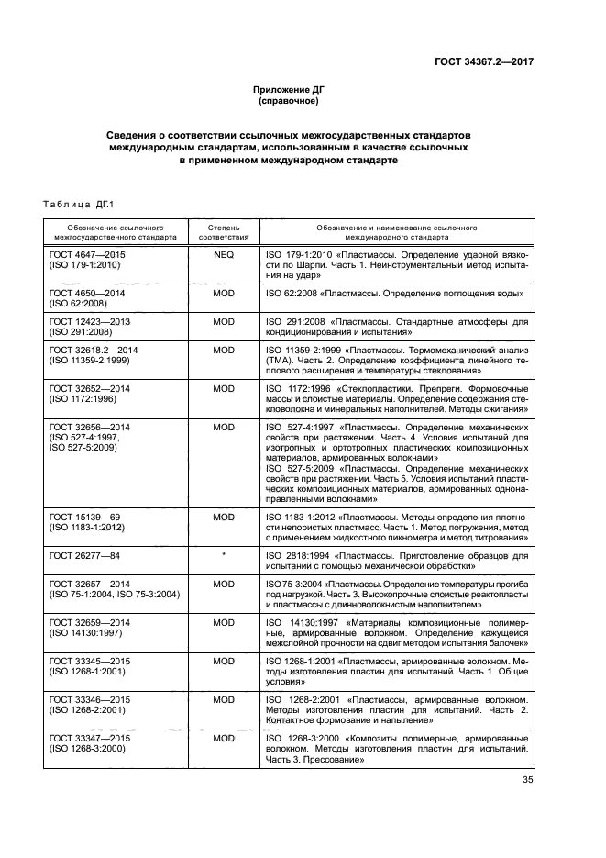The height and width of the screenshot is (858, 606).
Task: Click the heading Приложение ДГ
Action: (x=289, y=89)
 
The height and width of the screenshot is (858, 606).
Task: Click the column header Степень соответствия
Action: (x=223, y=229)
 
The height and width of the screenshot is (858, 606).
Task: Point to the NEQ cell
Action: (x=224, y=251)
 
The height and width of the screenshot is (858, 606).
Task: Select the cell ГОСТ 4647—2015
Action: (x=89, y=251)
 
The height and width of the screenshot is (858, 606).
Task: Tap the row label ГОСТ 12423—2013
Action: (x=89, y=321)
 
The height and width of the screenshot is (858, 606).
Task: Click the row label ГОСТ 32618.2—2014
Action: (x=93, y=350)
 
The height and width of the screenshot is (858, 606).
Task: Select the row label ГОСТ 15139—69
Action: (x=84, y=517)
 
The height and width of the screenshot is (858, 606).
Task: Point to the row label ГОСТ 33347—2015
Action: (x=89, y=738)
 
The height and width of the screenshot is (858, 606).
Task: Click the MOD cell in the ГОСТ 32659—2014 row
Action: (x=224, y=621)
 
